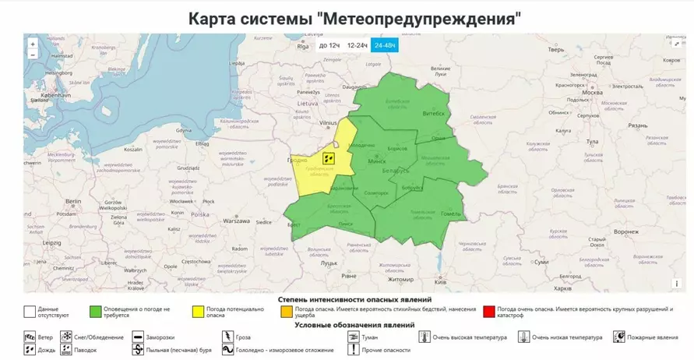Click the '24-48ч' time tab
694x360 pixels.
(x=385, y=45)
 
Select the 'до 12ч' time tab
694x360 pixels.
(x=329, y=45)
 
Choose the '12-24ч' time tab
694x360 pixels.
(x=357, y=45)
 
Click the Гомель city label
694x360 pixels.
(x=451, y=214)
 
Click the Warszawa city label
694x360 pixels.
(x=236, y=221)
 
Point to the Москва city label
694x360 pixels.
(x=591, y=92)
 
